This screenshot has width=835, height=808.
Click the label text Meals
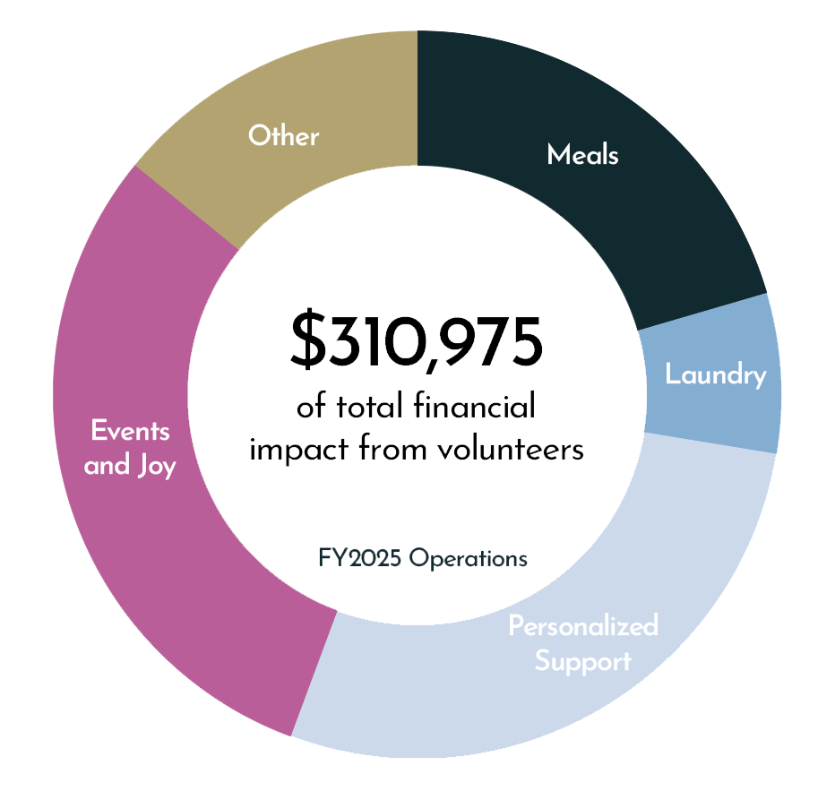[x=582, y=155]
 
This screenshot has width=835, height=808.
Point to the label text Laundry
[x=715, y=375]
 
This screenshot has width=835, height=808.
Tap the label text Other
[x=283, y=136]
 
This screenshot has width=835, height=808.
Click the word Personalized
[x=582, y=625]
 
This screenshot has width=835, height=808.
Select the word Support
[x=582, y=662]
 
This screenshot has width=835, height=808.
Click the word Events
[x=130, y=431]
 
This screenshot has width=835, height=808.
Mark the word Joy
[x=155, y=467]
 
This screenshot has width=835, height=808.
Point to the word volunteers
[x=511, y=448]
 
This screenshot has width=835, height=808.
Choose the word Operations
[x=469, y=559]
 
